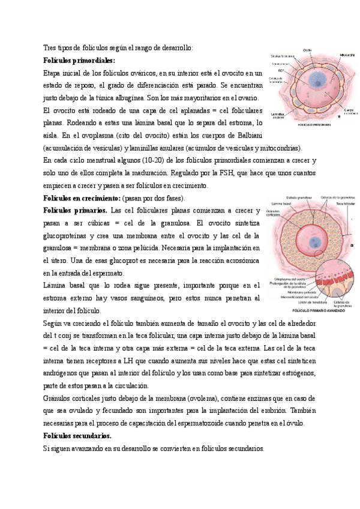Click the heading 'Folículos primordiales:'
80,61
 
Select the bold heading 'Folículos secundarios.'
77,436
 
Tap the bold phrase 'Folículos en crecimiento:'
82,198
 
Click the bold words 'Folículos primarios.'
76,211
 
